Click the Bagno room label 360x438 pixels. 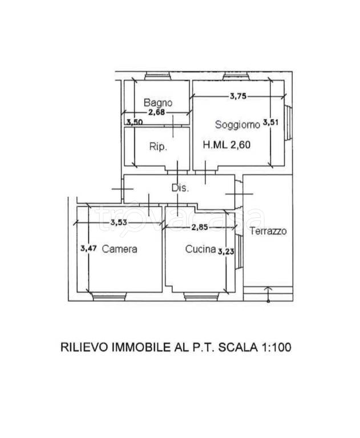[x=158, y=103]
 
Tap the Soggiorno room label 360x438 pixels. [x=237, y=124]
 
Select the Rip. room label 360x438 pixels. [x=158, y=147]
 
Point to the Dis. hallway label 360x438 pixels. [x=180, y=188]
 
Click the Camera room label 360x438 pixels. [x=120, y=249]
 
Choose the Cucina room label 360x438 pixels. [x=201, y=249]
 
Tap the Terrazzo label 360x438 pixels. [x=268, y=231]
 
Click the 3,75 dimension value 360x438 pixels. [x=238, y=96]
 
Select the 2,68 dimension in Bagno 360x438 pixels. [x=157, y=112]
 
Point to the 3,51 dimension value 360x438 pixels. [x=270, y=122]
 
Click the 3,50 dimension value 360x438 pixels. [x=135, y=122]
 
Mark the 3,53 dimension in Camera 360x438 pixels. [x=119, y=222]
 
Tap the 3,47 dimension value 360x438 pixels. [x=88, y=248]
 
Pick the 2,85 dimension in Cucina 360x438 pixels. [x=200, y=227]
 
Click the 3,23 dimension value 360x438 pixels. [x=226, y=252]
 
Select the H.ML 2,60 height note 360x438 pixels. [x=226, y=145]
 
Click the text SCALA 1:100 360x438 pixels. [x=254, y=347]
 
